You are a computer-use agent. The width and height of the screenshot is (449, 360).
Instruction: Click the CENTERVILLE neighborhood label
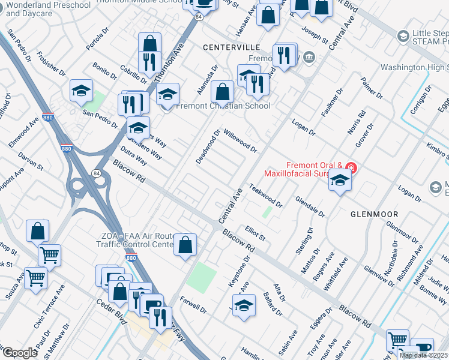[231, 47]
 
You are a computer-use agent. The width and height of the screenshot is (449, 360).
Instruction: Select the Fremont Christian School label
[223, 106]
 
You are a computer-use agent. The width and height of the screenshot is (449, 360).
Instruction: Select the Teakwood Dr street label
[265, 196]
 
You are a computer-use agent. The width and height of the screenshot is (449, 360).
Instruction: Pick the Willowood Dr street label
[240, 140]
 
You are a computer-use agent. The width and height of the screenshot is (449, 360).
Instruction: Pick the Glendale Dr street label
[310, 206]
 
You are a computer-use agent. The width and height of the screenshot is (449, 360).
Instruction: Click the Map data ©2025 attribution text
[424, 355]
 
